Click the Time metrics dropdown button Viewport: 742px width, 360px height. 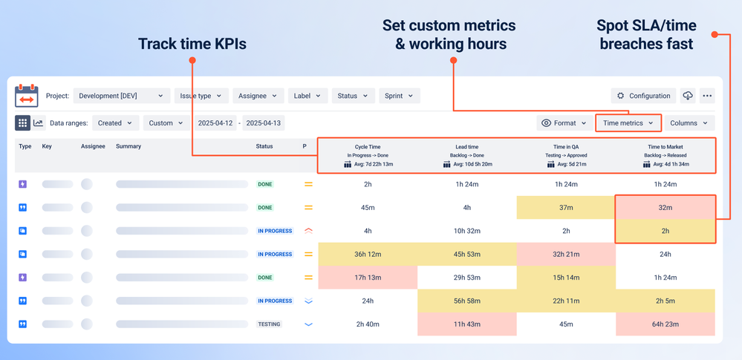tap(628, 123)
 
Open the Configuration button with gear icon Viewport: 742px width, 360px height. tap(643, 96)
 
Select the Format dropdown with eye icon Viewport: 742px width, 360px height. tap(564, 123)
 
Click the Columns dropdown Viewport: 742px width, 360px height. tap(689, 123)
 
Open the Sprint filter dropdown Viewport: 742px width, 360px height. tap(400, 96)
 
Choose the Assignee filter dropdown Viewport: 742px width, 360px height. tap(258, 96)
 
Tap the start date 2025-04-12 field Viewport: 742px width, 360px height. tap(215, 123)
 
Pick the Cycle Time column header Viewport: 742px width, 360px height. tap(368, 147)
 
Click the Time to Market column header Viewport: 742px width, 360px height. tap(665, 147)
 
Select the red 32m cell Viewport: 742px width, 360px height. tap(665, 208)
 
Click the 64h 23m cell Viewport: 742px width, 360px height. tap(665, 324)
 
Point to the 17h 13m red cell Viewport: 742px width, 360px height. tap(368, 278)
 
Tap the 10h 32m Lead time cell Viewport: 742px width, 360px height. tap(467, 231)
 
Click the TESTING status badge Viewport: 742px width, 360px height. tap(269, 324)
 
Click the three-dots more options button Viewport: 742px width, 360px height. tap(707, 96)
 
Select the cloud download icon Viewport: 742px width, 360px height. tap(688, 96)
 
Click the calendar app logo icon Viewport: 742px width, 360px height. tap(27, 96)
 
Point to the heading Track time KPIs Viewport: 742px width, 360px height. tap(192, 44)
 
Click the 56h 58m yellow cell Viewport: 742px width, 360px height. tap(467, 301)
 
